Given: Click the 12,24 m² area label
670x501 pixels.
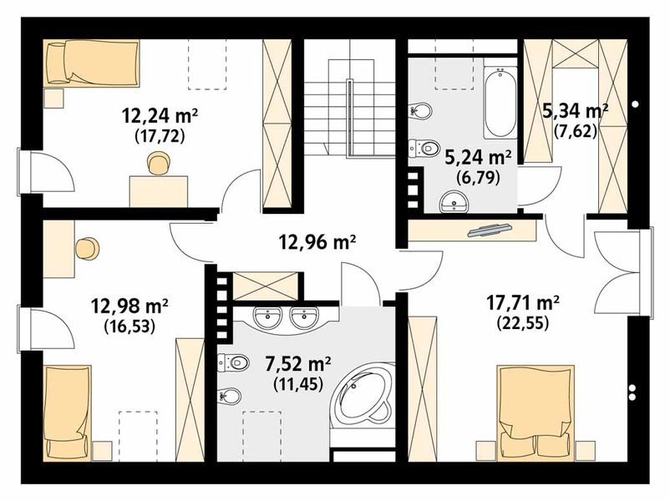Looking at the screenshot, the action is (160, 115).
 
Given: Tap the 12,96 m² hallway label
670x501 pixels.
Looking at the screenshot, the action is (317, 243).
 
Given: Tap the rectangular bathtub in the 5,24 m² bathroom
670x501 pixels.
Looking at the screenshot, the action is (500, 103).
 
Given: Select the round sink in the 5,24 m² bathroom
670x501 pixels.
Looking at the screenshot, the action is (454, 201).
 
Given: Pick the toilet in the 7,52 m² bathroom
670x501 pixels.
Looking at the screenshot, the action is (233, 363).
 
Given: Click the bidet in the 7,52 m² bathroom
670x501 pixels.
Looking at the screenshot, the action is (230, 396).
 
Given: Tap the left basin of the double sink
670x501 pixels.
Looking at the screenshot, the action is (267, 317).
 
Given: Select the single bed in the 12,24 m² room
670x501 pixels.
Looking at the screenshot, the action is (91, 63).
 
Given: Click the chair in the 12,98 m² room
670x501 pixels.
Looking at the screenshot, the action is (87, 249).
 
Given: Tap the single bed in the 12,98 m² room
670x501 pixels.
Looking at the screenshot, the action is (67, 412).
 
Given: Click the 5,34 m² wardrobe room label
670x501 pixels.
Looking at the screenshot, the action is (575, 112).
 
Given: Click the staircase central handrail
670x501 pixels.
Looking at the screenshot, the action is (349, 118).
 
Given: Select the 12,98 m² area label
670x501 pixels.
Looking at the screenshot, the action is (129, 306).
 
